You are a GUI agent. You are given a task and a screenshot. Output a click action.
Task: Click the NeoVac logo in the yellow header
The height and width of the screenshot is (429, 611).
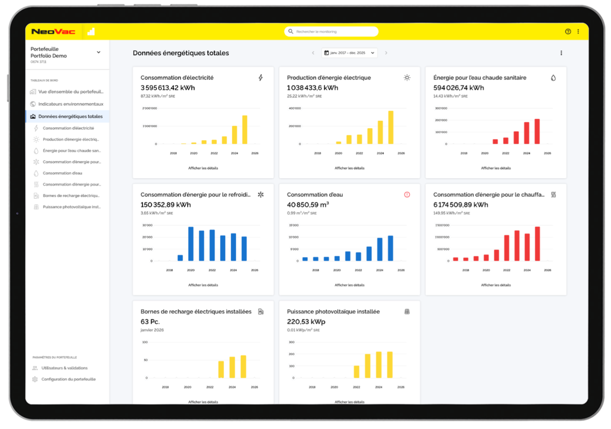pos(53,32)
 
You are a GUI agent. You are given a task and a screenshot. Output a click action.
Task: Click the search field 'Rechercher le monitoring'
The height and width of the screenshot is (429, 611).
pos(331,32)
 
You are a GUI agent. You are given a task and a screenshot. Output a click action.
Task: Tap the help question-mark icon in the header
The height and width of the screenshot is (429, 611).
pos(568,32)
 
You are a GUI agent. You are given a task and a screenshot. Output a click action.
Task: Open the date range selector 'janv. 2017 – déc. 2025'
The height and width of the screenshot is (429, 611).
pos(349,53)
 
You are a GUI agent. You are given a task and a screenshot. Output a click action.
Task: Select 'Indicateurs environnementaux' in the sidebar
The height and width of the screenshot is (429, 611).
pos(70,104)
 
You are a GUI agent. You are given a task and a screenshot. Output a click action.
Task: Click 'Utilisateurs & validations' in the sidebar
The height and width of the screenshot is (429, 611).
pos(64,368)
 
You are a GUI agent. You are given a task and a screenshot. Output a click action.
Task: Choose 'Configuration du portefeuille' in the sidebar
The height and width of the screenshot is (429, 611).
pos(68,379)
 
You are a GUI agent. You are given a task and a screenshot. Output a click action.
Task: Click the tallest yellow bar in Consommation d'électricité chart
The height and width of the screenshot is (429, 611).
pos(245,130)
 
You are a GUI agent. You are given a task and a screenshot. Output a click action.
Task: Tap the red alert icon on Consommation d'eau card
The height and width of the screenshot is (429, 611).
pos(407,195)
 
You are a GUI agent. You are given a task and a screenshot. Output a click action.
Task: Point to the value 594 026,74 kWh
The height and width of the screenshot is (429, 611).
pos(458,88)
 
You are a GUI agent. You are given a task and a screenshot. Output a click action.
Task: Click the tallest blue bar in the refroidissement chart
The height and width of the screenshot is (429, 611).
pos(191,244)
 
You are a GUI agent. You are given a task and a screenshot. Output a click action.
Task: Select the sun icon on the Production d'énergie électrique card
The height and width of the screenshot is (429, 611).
pos(407,78)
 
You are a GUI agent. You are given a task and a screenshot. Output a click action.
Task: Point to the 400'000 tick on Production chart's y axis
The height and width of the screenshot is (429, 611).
pos(295,108)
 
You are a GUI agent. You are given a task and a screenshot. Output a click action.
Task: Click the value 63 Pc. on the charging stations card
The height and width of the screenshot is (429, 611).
pos(150,322)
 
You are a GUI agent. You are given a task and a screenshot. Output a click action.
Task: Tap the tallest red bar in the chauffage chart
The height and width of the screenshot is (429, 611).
pos(537,244)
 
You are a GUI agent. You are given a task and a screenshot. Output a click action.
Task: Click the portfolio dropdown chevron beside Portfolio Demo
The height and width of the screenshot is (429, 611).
pos(98,52)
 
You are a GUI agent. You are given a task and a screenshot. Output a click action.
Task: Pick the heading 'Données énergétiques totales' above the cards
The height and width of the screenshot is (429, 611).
pos(181,53)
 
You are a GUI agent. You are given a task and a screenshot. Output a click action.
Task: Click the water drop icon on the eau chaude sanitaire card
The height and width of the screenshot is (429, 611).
pos(553,78)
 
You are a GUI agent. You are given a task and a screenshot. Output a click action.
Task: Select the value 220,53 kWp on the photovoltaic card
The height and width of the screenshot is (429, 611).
pos(306,322)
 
